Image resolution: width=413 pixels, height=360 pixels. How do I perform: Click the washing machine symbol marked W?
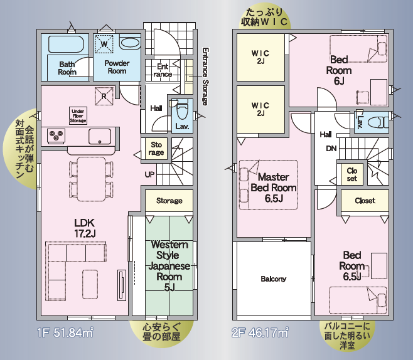[104, 44]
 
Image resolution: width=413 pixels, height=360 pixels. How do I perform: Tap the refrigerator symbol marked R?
[104, 96]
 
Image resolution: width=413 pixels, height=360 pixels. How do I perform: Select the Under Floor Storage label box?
[78, 115]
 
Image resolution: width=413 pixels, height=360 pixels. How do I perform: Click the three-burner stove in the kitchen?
[56, 135]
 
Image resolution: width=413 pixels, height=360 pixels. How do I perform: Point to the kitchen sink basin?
[100, 136]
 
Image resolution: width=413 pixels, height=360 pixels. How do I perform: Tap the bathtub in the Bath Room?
[66, 44]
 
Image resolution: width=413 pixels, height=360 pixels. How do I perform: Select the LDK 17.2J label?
[85, 228]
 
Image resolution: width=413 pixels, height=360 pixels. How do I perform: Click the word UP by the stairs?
[149, 174]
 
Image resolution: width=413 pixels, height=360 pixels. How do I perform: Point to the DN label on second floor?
[331, 149]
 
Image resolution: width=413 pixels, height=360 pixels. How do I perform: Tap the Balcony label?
[274, 279]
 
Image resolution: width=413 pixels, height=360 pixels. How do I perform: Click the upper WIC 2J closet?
[260, 57]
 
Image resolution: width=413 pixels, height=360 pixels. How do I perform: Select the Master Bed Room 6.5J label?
[274, 188]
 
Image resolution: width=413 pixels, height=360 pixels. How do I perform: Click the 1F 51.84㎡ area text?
[65, 333]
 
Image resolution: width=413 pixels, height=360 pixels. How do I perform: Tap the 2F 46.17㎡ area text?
[260, 332]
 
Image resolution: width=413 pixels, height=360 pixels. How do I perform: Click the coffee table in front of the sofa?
[90, 284]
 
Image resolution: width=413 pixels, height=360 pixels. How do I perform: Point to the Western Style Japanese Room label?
[169, 265]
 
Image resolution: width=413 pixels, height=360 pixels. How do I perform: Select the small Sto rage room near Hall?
[156, 149]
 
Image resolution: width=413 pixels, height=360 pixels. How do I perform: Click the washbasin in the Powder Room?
[129, 43]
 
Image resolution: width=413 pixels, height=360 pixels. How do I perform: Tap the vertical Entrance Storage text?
[205, 77]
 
